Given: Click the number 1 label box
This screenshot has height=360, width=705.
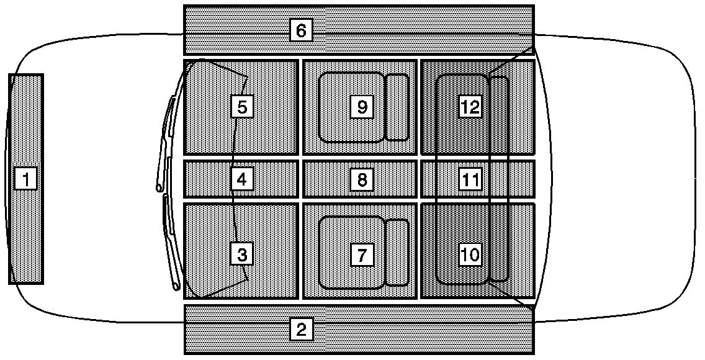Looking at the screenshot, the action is click(25, 179).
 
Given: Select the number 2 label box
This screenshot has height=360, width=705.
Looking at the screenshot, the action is click(301, 330).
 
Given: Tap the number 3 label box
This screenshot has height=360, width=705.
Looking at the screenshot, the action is click(242, 254).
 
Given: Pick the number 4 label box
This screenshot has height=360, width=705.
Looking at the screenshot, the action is click(242, 179).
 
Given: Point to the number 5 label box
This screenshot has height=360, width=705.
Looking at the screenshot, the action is click(242, 107).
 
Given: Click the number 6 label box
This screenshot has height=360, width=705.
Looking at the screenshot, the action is click(301, 30).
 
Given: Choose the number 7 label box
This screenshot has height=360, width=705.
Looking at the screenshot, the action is click(362, 254).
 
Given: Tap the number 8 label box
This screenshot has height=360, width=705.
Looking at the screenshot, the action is click(362, 180).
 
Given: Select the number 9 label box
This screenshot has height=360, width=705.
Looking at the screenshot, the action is click(362, 107).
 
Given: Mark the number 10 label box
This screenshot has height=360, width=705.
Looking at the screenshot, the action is click(470, 254).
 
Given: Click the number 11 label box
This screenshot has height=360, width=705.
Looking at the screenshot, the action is click(470, 180).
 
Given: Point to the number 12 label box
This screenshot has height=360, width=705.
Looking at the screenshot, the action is click(470, 107).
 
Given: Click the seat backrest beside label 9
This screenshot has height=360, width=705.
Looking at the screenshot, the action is click(397, 107).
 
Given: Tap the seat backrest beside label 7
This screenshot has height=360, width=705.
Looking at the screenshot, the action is click(397, 253).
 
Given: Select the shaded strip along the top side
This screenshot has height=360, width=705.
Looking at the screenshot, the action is click(403, 30).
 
